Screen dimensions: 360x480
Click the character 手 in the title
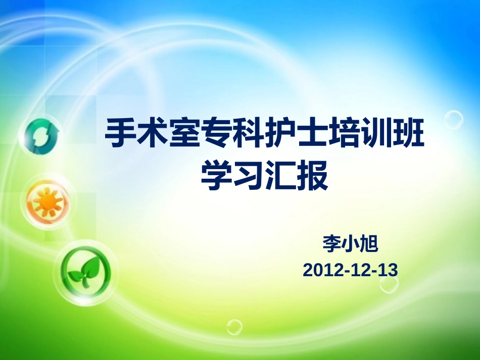tap(121, 133)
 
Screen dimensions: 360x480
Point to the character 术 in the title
tap(153, 133)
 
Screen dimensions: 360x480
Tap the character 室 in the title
tap(184, 133)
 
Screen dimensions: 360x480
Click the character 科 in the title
tap(248, 133)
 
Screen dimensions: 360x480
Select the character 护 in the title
tap(280, 133)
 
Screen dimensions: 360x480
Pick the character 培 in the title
tap(344, 133)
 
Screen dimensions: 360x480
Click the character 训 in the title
tap(375, 133)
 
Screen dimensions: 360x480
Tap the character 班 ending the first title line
tap(408, 133)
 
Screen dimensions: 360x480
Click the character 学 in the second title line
tap(216, 175)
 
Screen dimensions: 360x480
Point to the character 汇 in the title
tap(280, 175)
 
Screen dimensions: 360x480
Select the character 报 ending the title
tap(312, 175)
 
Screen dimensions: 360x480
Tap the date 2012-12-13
tap(350, 270)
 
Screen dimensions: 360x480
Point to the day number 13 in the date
tap(389, 270)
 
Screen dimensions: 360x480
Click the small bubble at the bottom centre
tap(234, 327)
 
